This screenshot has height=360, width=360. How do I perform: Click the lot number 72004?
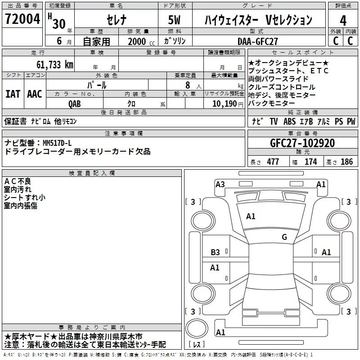22,19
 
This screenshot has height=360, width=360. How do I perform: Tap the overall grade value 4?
343,20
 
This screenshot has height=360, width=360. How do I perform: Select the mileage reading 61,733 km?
55,65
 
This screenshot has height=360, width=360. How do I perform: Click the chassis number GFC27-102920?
302,143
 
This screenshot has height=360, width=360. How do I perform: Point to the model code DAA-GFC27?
257,41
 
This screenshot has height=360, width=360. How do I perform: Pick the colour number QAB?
74,104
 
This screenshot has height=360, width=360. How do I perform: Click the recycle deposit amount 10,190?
224,104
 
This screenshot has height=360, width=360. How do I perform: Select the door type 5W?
174,20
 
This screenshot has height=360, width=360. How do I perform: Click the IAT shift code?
13,94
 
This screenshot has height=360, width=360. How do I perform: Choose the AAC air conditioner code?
35,94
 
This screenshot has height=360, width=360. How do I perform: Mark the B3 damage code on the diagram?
215,252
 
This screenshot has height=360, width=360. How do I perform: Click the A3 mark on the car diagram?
220,184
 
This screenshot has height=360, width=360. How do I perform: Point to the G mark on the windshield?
284,237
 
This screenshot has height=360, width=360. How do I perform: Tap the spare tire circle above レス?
197,328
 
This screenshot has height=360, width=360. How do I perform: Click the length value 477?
273,162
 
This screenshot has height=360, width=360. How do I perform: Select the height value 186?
346,162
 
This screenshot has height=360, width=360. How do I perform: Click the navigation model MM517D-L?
57,143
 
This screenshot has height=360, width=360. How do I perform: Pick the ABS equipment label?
289,121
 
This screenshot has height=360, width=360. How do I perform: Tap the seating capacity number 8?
188,85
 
